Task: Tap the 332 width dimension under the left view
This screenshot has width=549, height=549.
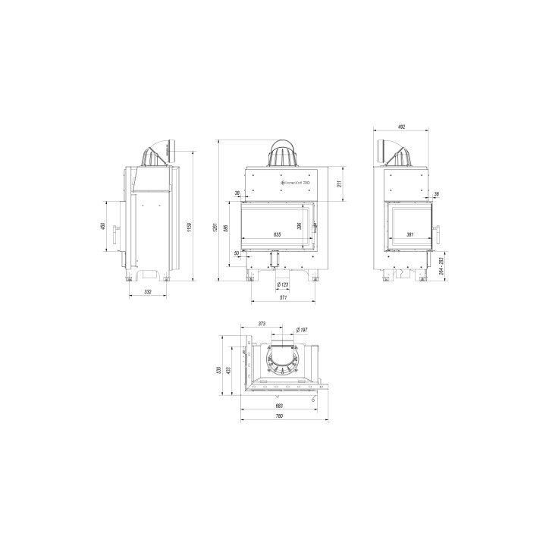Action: click(x=148, y=291)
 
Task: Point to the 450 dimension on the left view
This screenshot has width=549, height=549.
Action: click(x=102, y=227)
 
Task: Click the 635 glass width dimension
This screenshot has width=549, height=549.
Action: click(x=276, y=235)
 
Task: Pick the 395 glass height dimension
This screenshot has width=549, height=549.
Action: click(x=299, y=225)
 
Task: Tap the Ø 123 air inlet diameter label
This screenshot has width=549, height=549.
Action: click(x=282, y=284)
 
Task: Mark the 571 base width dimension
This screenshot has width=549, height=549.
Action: click(x=282, y=298)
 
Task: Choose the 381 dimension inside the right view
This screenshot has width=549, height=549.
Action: click(x=409, y=235)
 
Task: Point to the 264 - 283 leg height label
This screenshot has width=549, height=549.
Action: click(x=441, y=265)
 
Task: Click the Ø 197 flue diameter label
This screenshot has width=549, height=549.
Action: click(x=301, y=329)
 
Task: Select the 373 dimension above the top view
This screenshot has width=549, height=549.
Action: click(x=262, y=323)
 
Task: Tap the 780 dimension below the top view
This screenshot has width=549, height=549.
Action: click(x=279, y=416)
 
